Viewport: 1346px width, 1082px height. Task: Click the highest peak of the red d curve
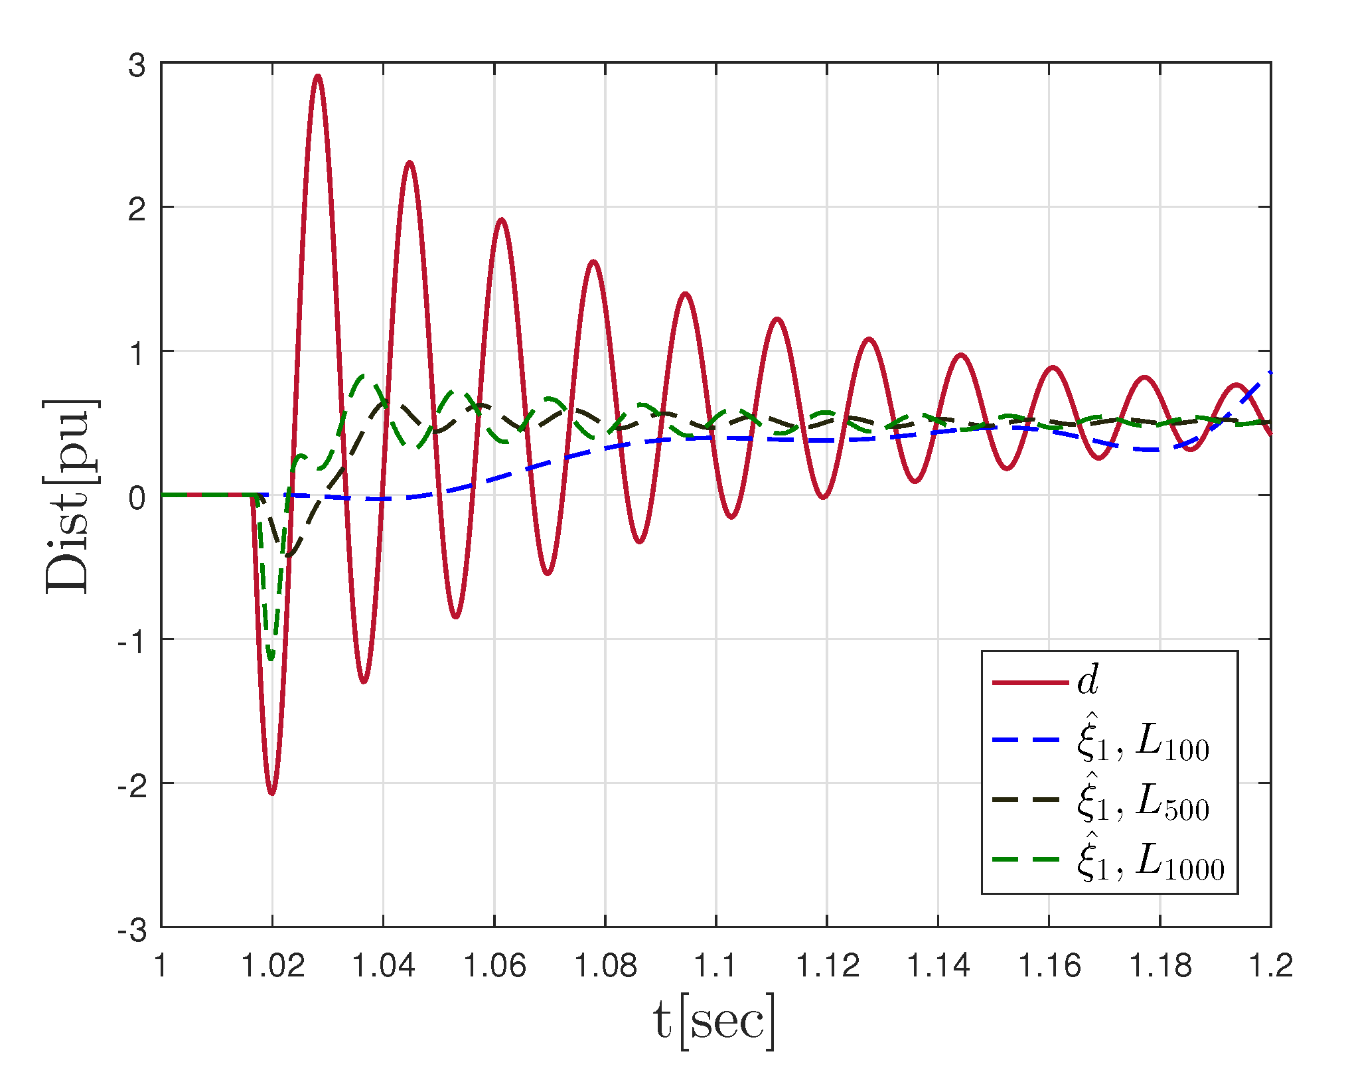click(x=319, y=77)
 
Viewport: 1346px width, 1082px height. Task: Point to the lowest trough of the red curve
click(x=272, y=793)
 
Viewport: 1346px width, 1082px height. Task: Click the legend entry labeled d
click(x=1088, y=682)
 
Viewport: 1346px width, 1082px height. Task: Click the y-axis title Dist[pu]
click(x=70, y=496)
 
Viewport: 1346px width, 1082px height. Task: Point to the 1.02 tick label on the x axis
click(x=272, y=966)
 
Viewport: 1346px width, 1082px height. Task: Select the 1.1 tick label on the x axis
click(x=715, y=966)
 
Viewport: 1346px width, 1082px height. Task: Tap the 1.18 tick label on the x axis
click(x=1159, y=966)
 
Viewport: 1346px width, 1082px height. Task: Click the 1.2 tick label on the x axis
click(x=1270, y=966)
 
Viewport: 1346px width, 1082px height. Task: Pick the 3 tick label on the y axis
click(x=137, y=66)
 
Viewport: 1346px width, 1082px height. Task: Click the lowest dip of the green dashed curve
click(x=271, y=657)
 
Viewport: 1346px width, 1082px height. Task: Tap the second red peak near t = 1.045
click(x=410, y=163)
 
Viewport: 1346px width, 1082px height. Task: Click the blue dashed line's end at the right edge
click(x=1270, y=373)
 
